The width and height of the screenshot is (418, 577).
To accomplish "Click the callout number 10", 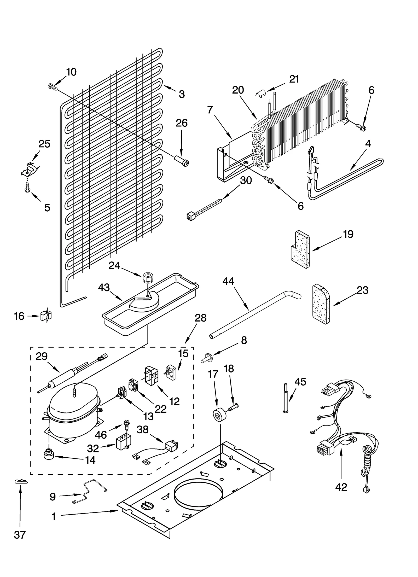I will [x=71, y=72].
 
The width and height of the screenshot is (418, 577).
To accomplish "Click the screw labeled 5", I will [x=27, y=188].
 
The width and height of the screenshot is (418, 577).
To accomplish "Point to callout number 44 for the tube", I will [x=228, y=281].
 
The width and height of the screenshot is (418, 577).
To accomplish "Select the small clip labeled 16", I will [x=46, y=316].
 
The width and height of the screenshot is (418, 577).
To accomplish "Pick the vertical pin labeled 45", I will [x=286, y=399].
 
